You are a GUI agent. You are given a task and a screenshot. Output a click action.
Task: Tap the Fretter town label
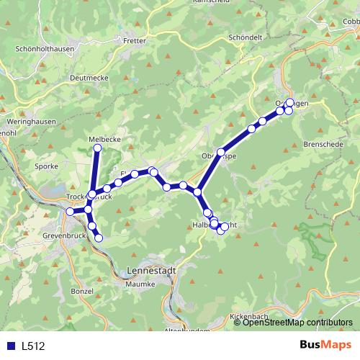(134, 41)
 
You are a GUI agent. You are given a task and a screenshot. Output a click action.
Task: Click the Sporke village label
(46, 165)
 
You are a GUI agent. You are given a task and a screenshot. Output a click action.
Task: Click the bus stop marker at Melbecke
(97, 148)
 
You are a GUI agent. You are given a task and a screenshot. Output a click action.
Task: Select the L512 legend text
(33, 346)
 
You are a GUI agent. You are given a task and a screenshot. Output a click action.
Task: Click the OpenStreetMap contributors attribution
(297, 323)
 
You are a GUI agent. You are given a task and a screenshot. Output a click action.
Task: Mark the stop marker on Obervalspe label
(221, 152)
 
